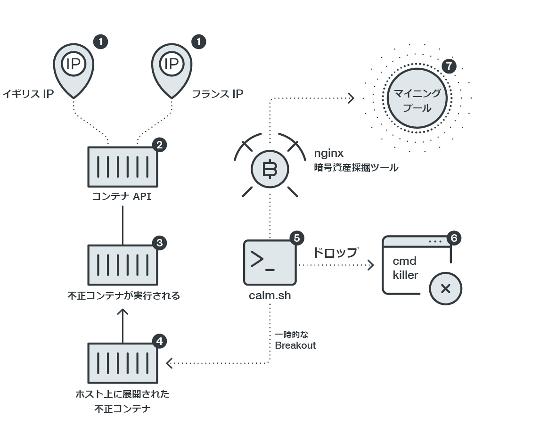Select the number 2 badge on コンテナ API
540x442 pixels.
coord(159,145)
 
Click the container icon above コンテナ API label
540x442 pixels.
coord(123,166)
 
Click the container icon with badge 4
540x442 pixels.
coord(123,363)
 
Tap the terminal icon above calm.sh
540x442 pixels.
coord(270,262)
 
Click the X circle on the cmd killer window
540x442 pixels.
coord(445,289)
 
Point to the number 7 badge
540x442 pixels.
coord(449,66)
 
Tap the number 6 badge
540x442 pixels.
coord(453,238)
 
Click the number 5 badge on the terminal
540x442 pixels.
coord(296,238)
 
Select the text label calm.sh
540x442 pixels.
coord(270,295)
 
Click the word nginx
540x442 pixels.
coord(328,153)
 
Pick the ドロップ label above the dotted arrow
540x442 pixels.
coord(335,252)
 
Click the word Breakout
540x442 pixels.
coord(295,345)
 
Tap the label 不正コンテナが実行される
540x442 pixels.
coord(123,296)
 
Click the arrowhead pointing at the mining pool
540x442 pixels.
coord(351,98)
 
